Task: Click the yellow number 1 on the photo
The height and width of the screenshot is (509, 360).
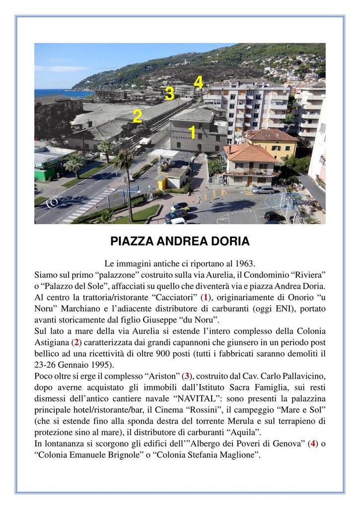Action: pyautogui.click(x=192, y=132)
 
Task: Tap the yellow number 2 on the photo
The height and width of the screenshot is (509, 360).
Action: pyautogui.click(x=137, y=116)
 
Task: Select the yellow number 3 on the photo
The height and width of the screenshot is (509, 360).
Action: pyautogui.click(x=169, y=93)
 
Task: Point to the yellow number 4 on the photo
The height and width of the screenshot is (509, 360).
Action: pyautogui.click(x=198, y=81)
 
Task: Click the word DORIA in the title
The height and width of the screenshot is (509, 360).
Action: pyautogui.click(x=229, y=242)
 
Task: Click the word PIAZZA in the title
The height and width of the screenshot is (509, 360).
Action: pyautogui.click(x=131, y=242)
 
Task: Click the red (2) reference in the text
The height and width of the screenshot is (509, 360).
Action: pyautogui.click(x=76, y=342)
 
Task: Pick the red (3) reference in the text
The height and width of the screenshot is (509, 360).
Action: pyautogui.click(x=187, y=376)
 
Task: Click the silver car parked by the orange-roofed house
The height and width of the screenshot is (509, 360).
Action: pyautogui.click(x=263, y=190)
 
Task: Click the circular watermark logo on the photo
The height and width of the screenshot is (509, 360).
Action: pyautogui.click(x=53, y=202)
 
